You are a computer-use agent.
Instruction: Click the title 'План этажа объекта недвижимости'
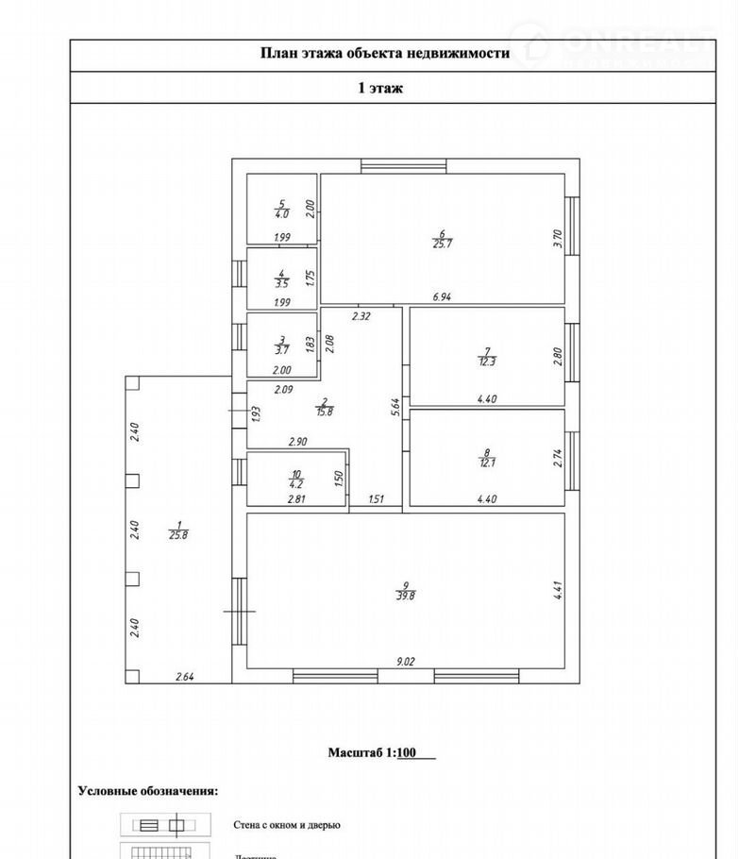coord(384,54)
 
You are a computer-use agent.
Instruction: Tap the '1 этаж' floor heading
coord(380,89)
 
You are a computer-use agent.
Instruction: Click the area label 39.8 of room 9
coord(406,595)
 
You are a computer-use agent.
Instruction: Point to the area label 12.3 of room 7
coord(487,362)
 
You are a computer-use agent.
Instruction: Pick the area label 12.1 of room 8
coord(487,463)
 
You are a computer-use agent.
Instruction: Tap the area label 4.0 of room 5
coord(281,212)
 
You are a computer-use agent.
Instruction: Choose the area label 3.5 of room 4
coord(281,282)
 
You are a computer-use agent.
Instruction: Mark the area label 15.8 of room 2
coord(324,412)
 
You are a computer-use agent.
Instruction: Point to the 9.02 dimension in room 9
coord(405,662)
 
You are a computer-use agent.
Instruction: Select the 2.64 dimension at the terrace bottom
coord(184,676)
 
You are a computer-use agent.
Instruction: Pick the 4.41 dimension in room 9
coord(558,591)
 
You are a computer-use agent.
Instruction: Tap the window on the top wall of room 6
coord(404,165)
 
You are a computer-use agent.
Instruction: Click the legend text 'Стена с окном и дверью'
coord(287,824)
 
